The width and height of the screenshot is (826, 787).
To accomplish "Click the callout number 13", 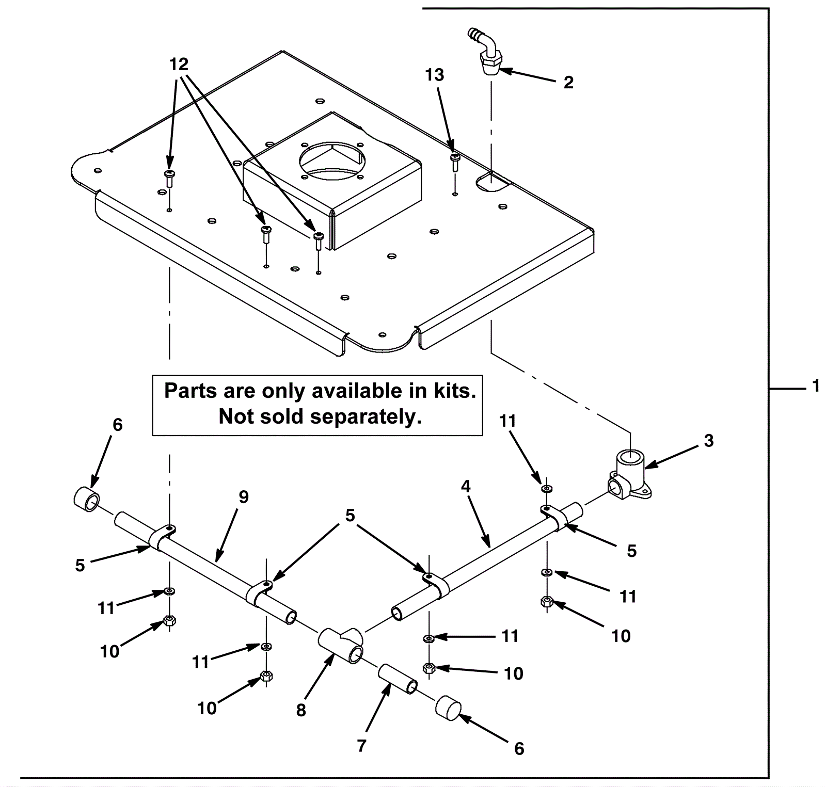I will [x=434, y=75].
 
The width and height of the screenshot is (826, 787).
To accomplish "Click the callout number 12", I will [x=179, y=65].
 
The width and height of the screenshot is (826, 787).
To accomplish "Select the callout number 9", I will [x=244, y=497].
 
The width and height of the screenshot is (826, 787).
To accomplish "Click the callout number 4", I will [x=466, y=486].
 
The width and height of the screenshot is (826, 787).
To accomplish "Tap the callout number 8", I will [x=301, y=711].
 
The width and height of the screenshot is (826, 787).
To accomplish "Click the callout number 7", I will [x=361, y=746].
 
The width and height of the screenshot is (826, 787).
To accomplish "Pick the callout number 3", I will [x=709, y=441].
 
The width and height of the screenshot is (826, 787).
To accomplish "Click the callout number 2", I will [x=568, y=83].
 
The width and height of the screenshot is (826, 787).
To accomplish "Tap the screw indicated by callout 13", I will [x=454, y=162].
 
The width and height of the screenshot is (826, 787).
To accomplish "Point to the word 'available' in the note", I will [x=350, y=391].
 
